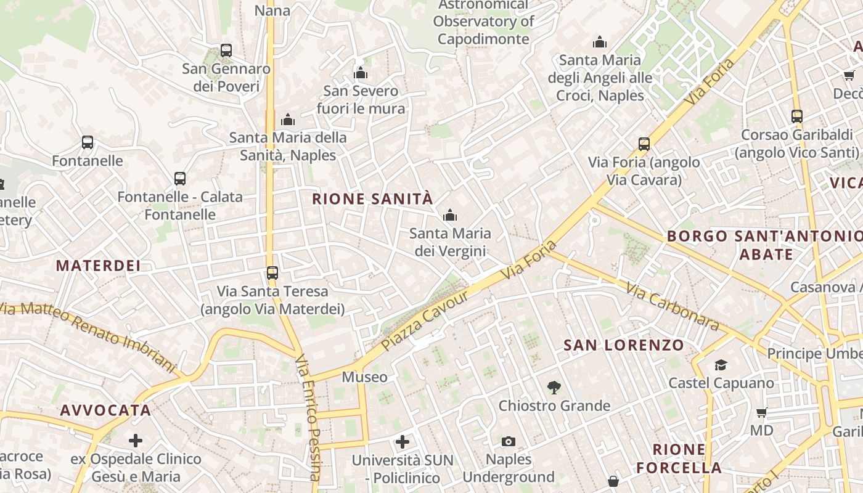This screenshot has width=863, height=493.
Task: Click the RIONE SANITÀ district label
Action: (x=372, y=199)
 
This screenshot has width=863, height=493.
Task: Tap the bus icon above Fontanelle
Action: (x=88, y=142)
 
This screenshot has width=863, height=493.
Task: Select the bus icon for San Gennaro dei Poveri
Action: (x=226, y=51)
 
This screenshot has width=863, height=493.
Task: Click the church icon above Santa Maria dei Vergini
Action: (x=450, y=215)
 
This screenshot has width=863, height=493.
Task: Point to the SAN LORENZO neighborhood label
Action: (x=624, y=345)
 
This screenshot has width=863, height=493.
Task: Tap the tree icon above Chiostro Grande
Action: (x=554, y=388)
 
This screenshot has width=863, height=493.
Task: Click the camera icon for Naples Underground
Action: (x=509, y=441)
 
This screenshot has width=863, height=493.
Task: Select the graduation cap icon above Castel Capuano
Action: (x=721, y=365)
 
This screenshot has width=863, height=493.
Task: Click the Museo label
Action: (x=365, y=377)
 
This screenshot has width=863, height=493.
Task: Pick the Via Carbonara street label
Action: (x=673, y=306)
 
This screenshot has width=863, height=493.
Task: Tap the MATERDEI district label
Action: (x=99, y=266)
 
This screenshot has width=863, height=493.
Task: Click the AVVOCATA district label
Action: (x=105, y=410)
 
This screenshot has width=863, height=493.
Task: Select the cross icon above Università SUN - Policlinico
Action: (x=403, y=441)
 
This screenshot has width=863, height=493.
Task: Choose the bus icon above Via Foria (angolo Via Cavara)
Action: (x=644, y=144)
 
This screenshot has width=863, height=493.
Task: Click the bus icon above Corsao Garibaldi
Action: (x=797, y=116)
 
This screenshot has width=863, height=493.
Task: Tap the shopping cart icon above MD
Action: (x=762, y=412)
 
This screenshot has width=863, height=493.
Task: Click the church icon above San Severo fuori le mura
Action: (x=361, y=73)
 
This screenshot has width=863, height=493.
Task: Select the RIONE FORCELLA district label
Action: (x=679, y=458)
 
